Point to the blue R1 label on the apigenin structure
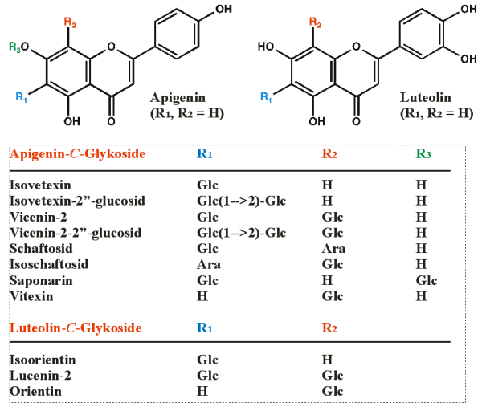click(21, 98)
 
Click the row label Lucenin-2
click(39, 375)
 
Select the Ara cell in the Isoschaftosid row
click(206, 264)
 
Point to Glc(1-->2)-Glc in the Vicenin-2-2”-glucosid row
click(241, 233)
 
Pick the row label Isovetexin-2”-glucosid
click(77, 201)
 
